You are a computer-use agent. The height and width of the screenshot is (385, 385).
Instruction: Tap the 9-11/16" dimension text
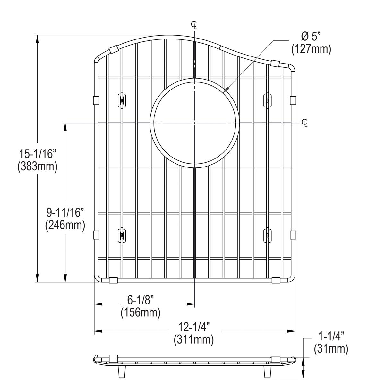pyautogui.click(x=65, y=212)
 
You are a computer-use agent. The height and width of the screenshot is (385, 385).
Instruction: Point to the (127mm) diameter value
pyautogui.click(x=311, y=49)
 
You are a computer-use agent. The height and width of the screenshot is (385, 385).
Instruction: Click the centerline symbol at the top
pyautogui.click(x=194, y=25)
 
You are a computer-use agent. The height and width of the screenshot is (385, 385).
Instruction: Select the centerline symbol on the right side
pyautogui.click(x=305, y=123)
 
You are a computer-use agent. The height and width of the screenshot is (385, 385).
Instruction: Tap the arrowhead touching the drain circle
pyautogui.click(x=226, y=90)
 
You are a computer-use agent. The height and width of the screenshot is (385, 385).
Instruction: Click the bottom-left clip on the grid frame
pyautogui.click(x=113, y=280)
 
